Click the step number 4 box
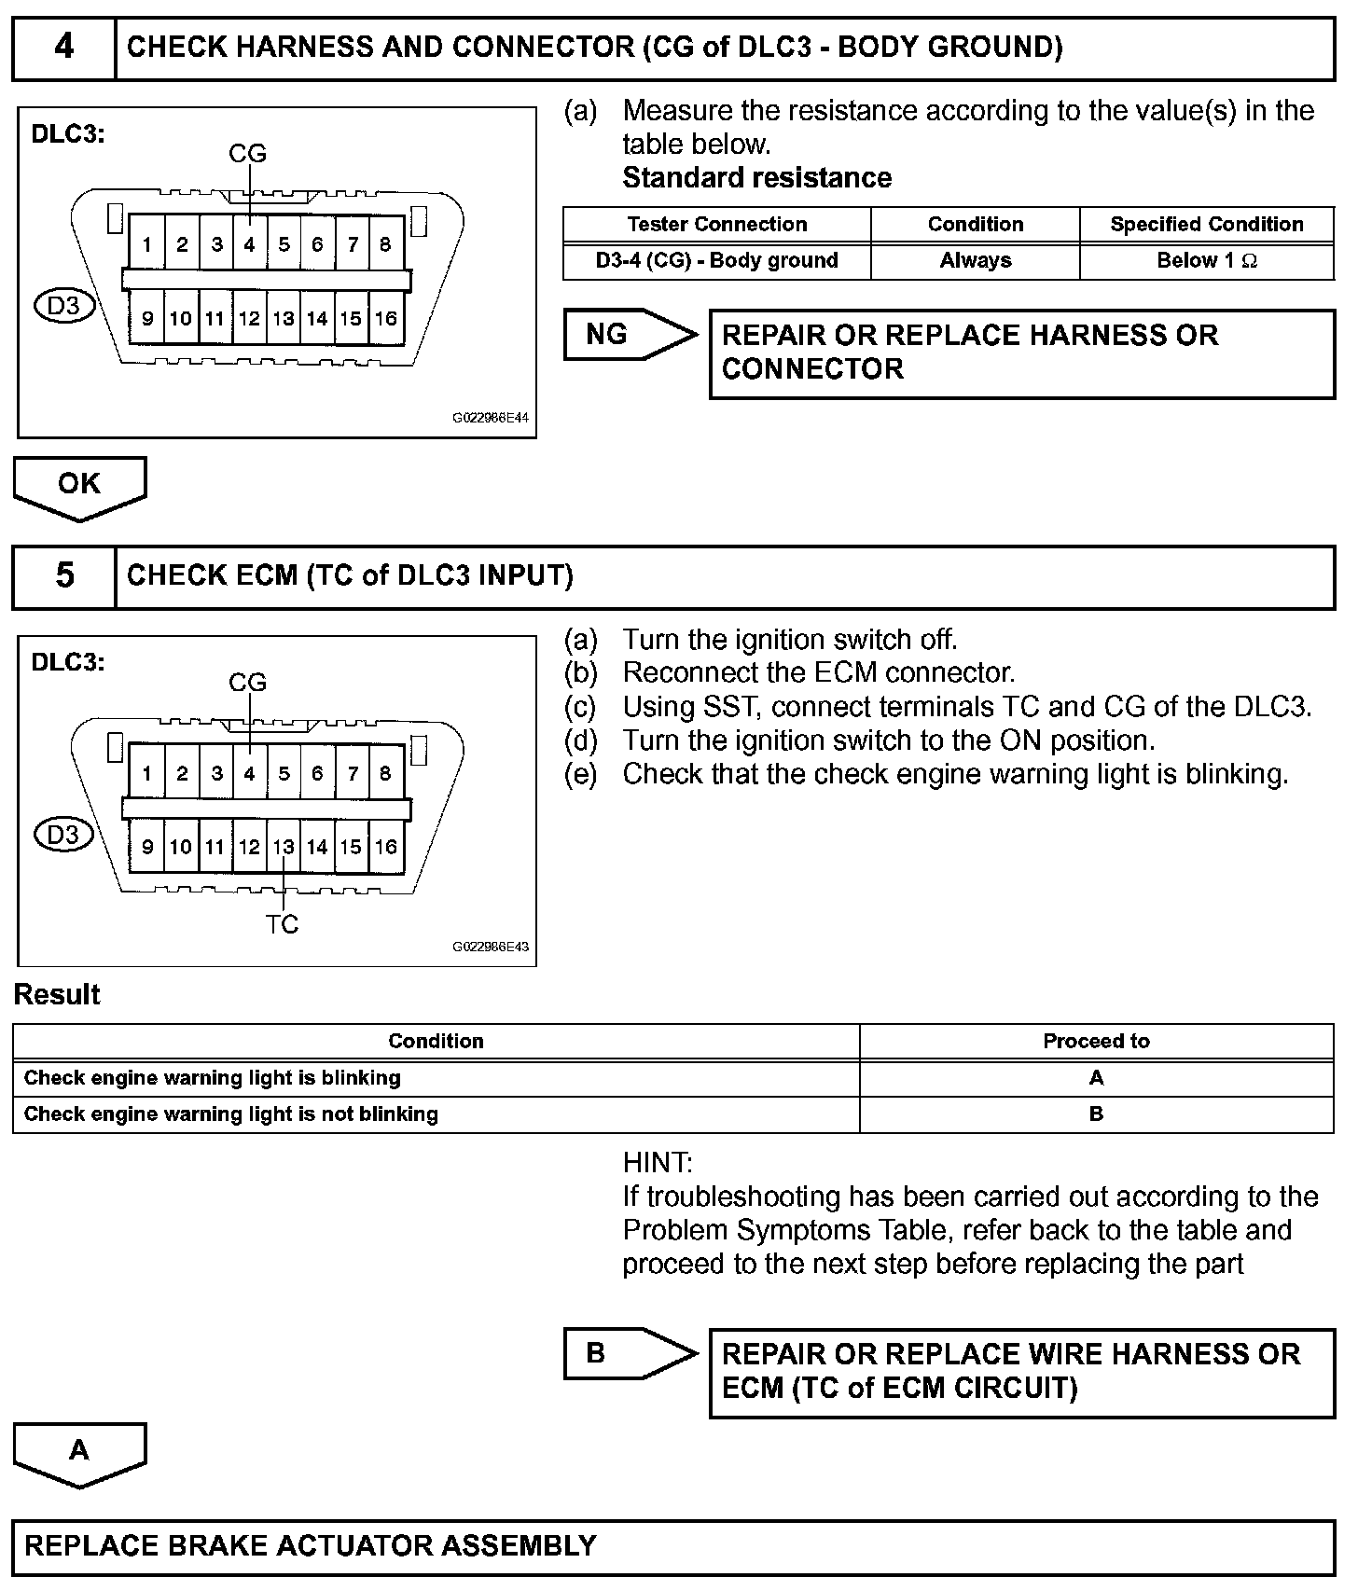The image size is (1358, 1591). tap(63, 48)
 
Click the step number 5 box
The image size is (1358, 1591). tap(63, 575)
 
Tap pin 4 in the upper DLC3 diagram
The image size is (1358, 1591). tap(249, 244)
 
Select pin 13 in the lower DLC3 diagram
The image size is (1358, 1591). tap(284, 847)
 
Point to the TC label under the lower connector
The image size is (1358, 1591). tap(282, 923)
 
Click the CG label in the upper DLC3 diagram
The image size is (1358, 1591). tap(247, 153)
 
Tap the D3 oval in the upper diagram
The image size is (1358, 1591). tap(63, 306)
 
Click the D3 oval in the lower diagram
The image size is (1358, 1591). tap(63, 834)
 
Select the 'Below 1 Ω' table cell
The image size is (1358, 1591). tap(1207, 261)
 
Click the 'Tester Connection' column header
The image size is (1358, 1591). tap(716, 225)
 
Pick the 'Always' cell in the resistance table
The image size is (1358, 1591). tap(975, 261)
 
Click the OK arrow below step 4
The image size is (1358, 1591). tap(79, 485)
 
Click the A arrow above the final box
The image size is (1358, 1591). tap(79, 1451)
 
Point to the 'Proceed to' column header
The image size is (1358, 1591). tap(1096, 1042)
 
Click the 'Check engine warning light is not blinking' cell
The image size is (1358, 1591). tap(231, 1114)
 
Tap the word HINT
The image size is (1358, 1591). tap(657, 1163)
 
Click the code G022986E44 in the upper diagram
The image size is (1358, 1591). tap(491, 419)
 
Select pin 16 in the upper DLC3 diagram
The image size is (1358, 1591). tap(385, 319)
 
